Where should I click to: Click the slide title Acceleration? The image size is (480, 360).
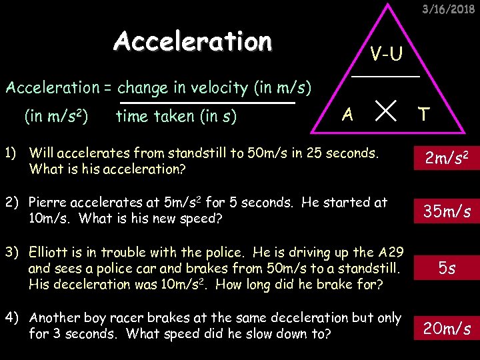[x=193, y=41]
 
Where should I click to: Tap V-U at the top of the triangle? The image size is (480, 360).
[x=387, y=54]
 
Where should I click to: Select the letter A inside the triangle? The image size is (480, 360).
[x=347, y=115]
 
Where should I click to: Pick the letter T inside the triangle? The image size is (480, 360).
[x=423, y=115]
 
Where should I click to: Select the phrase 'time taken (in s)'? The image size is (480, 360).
[x=176, y=117]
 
